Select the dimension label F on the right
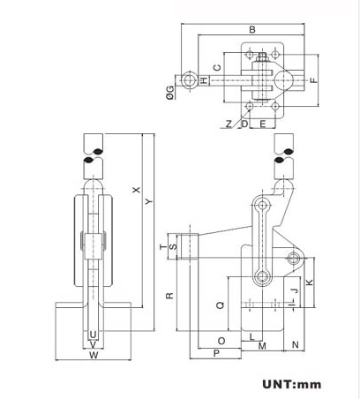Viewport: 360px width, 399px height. [x=313, y=81]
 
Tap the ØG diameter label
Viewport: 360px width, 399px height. [x=169, y=91]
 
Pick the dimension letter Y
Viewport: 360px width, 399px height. [x=148, y=203]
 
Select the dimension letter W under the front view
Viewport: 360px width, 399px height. [x=93, y=356]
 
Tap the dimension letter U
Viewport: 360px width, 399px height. [x=93, y=334]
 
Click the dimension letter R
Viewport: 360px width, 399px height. [x=169, y=296]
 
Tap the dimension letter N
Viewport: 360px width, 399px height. [x=295, y=343]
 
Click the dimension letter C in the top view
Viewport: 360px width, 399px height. [x=216, y=68]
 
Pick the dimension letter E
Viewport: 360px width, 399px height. [x=262, y=124]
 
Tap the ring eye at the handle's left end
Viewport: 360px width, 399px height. [x=189, y=80]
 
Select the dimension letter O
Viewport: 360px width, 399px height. [x=221, y=340]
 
